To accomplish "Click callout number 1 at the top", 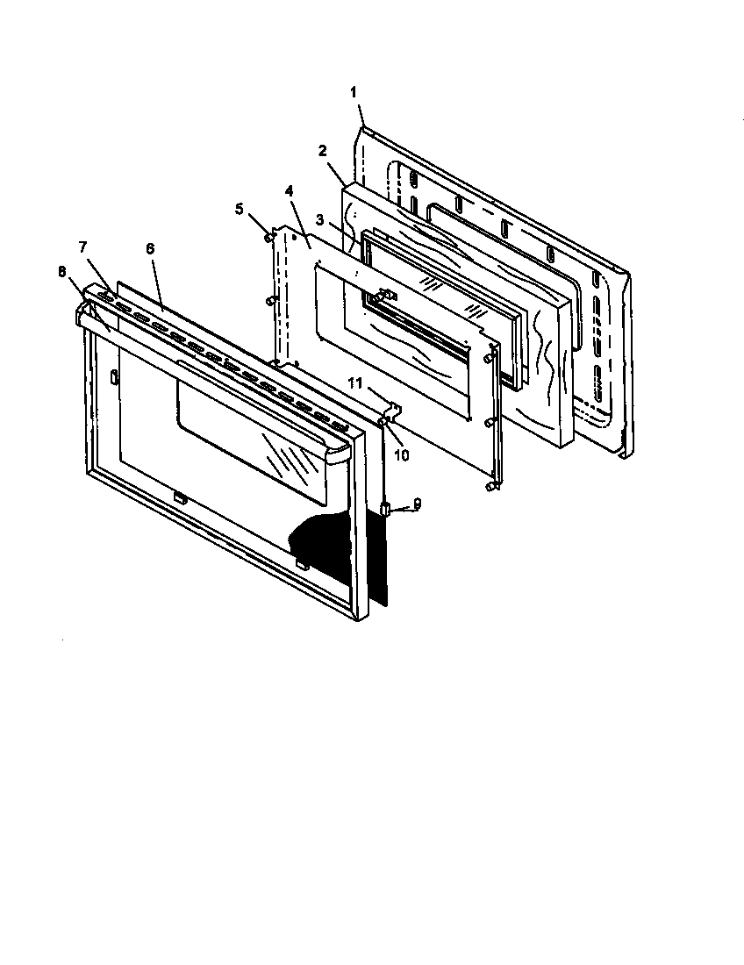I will (x=354, y=92).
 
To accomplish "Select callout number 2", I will (x=322, y=150).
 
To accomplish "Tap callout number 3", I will (x=322, y=219).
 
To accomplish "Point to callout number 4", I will (x=290, y=189).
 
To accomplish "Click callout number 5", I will (x=239, y=209).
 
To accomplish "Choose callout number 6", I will (x=150, y=249).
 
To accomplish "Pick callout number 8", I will (x=62, y=272).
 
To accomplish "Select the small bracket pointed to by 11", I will (x=394, y=409).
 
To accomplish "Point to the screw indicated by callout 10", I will (x=384, y=422).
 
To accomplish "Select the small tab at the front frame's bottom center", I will (x=178, y=497).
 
